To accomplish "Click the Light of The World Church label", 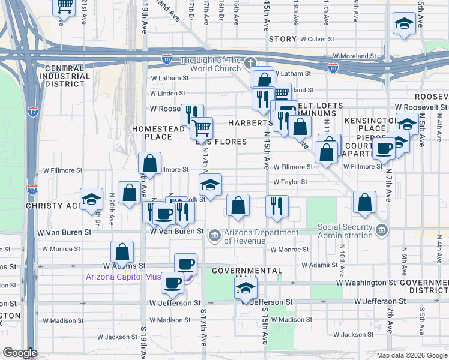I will point(211,64).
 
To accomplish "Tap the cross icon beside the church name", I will point(250,62).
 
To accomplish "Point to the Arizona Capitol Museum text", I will point(133,277).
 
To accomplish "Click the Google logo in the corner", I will point(20,353).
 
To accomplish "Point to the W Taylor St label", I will point(290,182).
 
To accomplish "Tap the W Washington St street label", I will point(366,282).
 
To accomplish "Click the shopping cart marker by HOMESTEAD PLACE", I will point(202,127).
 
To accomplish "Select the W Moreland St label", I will point(354,56).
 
